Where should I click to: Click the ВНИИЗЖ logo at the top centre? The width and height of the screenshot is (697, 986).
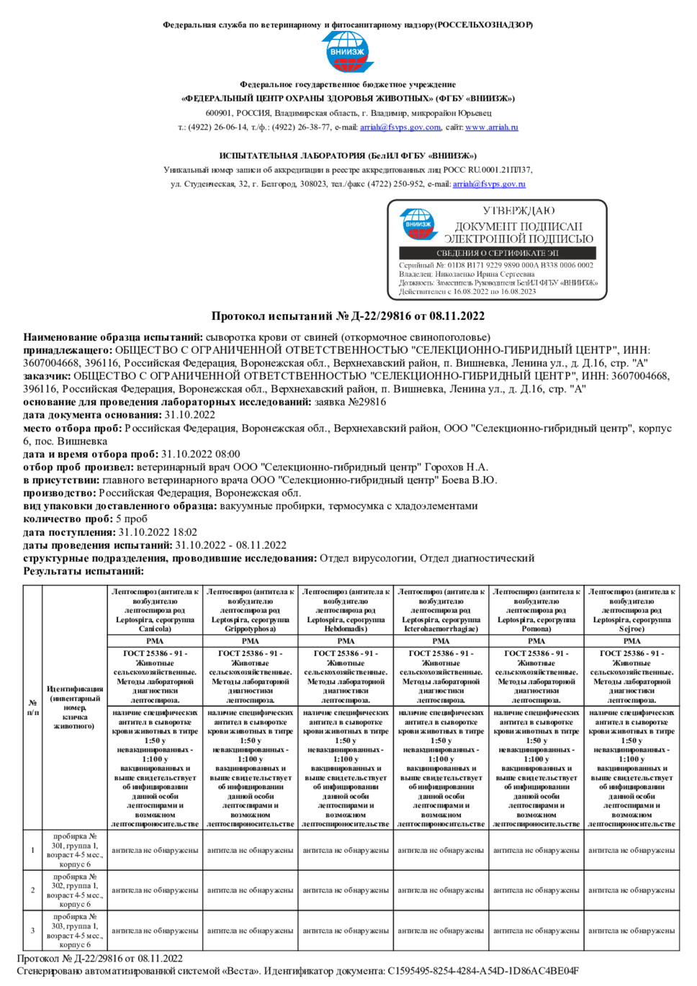click(x=347, y=52)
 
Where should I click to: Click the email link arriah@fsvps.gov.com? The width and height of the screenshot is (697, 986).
click(x=400, y=127)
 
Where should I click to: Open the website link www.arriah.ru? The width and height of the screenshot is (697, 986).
click(x=491, y=127)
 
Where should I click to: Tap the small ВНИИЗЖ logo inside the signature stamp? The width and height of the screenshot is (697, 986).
click(x=418, y=224)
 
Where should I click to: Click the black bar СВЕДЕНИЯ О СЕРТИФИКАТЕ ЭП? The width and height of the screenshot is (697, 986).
click(x=498, y=253)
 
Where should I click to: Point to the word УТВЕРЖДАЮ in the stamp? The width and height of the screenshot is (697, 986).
click(x=518, y=210)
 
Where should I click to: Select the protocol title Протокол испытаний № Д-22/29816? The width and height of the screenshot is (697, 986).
click(x=348, y=315)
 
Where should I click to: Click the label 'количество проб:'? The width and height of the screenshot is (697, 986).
click(x=68, y=519)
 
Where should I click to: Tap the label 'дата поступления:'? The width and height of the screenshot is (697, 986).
click(x=69, y=532)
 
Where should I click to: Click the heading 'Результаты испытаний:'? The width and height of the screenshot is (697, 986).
click(x=84, y=571)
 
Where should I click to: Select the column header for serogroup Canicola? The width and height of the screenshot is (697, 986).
click(x=155, y=610)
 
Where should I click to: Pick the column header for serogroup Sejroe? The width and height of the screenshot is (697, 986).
click(x=631, y=610)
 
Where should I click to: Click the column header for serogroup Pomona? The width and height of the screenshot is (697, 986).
click(x=536, y=610)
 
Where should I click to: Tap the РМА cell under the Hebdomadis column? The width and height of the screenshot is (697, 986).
click(x=346, y=640)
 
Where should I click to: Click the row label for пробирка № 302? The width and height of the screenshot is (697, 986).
click(x=75, y=890)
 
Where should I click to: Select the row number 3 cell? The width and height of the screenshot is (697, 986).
click(x=32, y=931)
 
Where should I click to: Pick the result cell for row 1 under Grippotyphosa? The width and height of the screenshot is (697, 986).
click(x=251, y=851)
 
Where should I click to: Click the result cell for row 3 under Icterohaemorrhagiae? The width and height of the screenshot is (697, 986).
click(x=441, y=931)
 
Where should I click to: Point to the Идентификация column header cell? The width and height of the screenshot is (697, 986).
click(x=75, y=707)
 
